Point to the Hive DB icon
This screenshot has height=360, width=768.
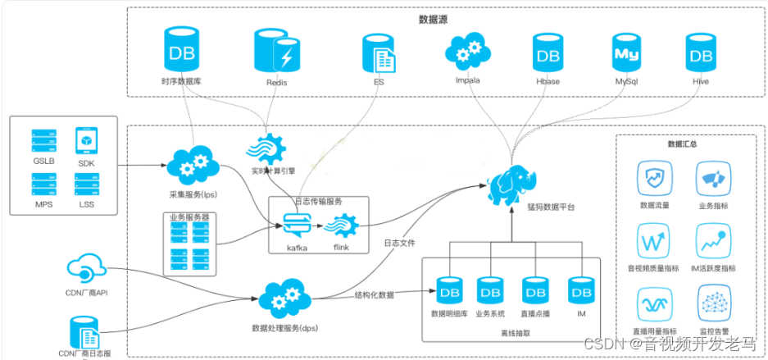tap(700, 55)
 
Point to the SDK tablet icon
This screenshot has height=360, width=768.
tap(86, 142)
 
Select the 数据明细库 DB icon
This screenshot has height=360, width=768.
tap(448, 290)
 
